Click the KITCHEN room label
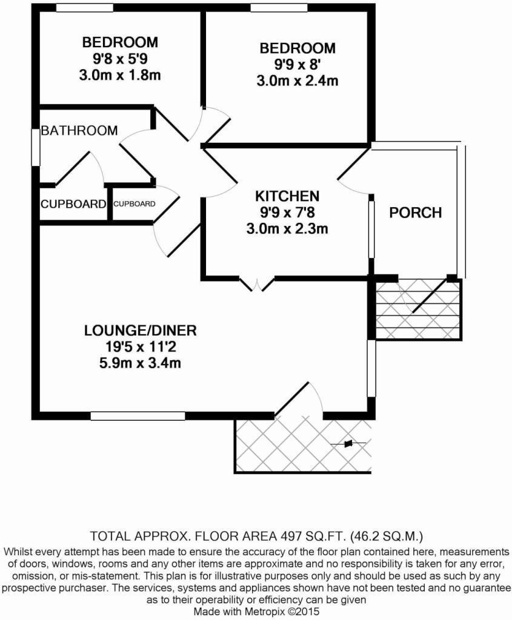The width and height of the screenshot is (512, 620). click(287, 196)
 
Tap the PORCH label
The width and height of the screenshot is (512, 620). click(415, 213)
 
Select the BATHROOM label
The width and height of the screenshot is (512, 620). click(79, 131)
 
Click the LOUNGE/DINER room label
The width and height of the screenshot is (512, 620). click(141, 331)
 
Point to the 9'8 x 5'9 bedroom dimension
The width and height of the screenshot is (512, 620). click(120, 59)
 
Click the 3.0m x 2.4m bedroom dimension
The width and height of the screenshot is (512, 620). click(297, 81)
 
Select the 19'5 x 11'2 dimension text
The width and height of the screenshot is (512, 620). click(141, 347)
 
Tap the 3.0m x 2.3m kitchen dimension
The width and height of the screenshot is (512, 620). click(287, 229)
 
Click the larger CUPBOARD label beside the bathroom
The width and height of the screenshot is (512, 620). click(73, 204)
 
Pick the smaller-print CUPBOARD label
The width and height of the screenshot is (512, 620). click(134, 204)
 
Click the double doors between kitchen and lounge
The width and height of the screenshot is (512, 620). click(257, 283)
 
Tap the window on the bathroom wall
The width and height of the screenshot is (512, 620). click(36, 146)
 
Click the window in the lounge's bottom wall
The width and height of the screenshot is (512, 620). click(138, 416)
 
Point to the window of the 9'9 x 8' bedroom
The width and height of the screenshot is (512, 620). click(279, 8)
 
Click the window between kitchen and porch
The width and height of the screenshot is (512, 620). click(371, 229)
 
